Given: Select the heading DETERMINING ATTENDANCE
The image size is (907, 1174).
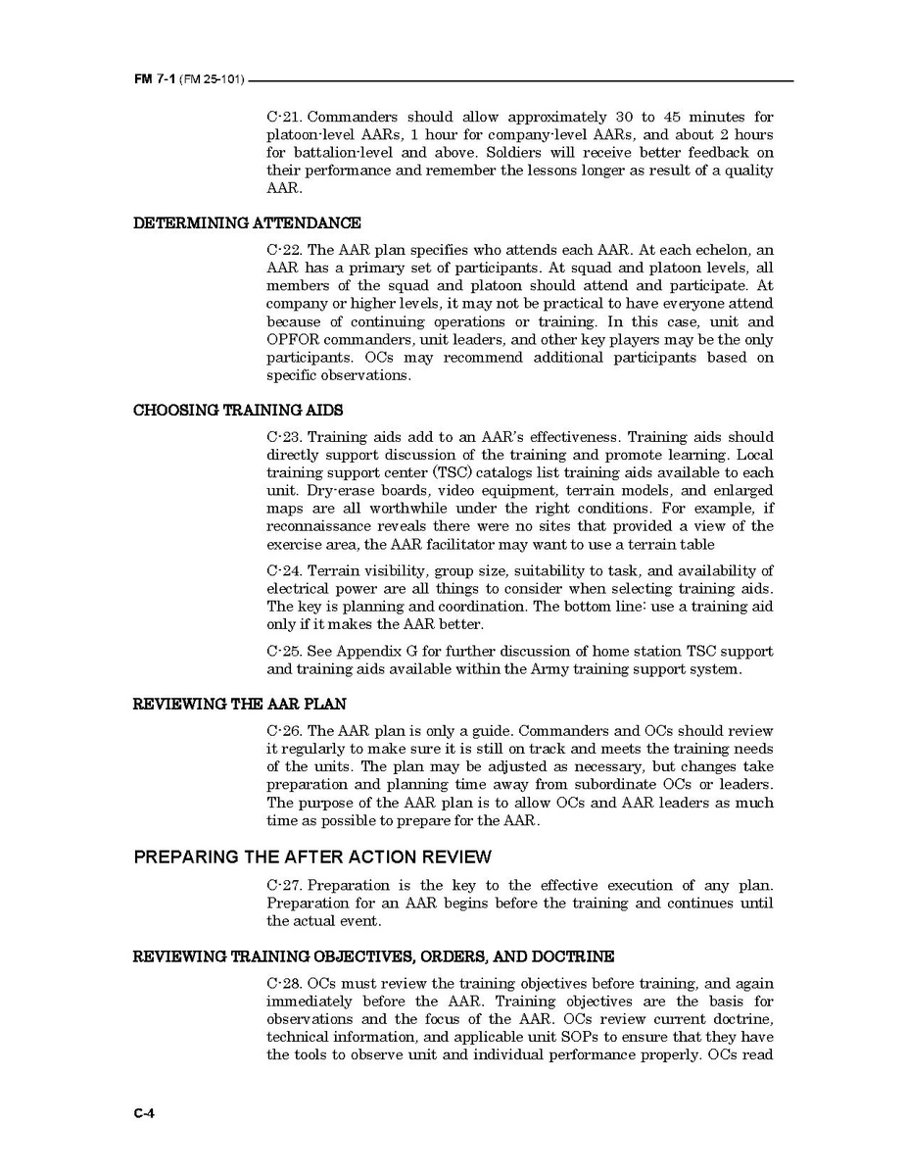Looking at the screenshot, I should (247, 222).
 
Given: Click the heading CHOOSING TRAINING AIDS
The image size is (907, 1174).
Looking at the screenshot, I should (237, 410).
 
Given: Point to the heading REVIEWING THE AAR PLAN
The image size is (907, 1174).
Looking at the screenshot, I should (239, 704).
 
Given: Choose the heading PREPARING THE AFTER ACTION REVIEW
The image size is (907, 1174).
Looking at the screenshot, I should (312, 857).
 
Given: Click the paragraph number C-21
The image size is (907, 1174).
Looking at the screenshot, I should (284, 117).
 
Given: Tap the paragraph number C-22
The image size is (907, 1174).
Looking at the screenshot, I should (284, 250).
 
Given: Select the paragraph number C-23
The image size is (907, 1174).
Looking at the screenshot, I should (284, 437).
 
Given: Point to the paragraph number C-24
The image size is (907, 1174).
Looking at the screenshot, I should (284, 571).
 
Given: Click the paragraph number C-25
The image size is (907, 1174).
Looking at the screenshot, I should (284, 652).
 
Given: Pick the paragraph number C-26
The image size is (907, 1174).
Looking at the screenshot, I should (284, 731).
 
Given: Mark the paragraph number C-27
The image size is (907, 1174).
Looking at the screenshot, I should (284, 886).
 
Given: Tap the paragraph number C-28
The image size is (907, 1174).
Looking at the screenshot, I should (284, 983).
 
